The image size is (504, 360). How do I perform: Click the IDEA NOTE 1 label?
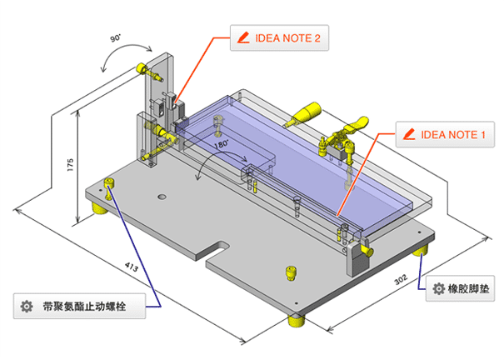tap(453, 134)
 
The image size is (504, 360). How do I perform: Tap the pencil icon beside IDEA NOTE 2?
tap(244, 38)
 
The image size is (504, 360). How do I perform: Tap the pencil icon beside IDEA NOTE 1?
tap(408, 134)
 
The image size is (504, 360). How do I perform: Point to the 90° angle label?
tap(115, 38)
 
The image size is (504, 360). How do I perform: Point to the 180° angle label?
tap(221, 145)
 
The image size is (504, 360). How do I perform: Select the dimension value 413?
tap(129, 268)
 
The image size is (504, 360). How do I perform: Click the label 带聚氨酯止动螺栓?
tap(92, 306)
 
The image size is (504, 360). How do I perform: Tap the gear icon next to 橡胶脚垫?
tap(438, 291)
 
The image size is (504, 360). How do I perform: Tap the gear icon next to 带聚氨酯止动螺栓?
tap(26, 306)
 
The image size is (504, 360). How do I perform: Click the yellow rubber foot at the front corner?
tap(295, 321)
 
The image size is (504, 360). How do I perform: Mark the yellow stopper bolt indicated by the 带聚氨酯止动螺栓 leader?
tap(109, 184)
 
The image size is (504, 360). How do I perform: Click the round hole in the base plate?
tap(162, 197)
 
